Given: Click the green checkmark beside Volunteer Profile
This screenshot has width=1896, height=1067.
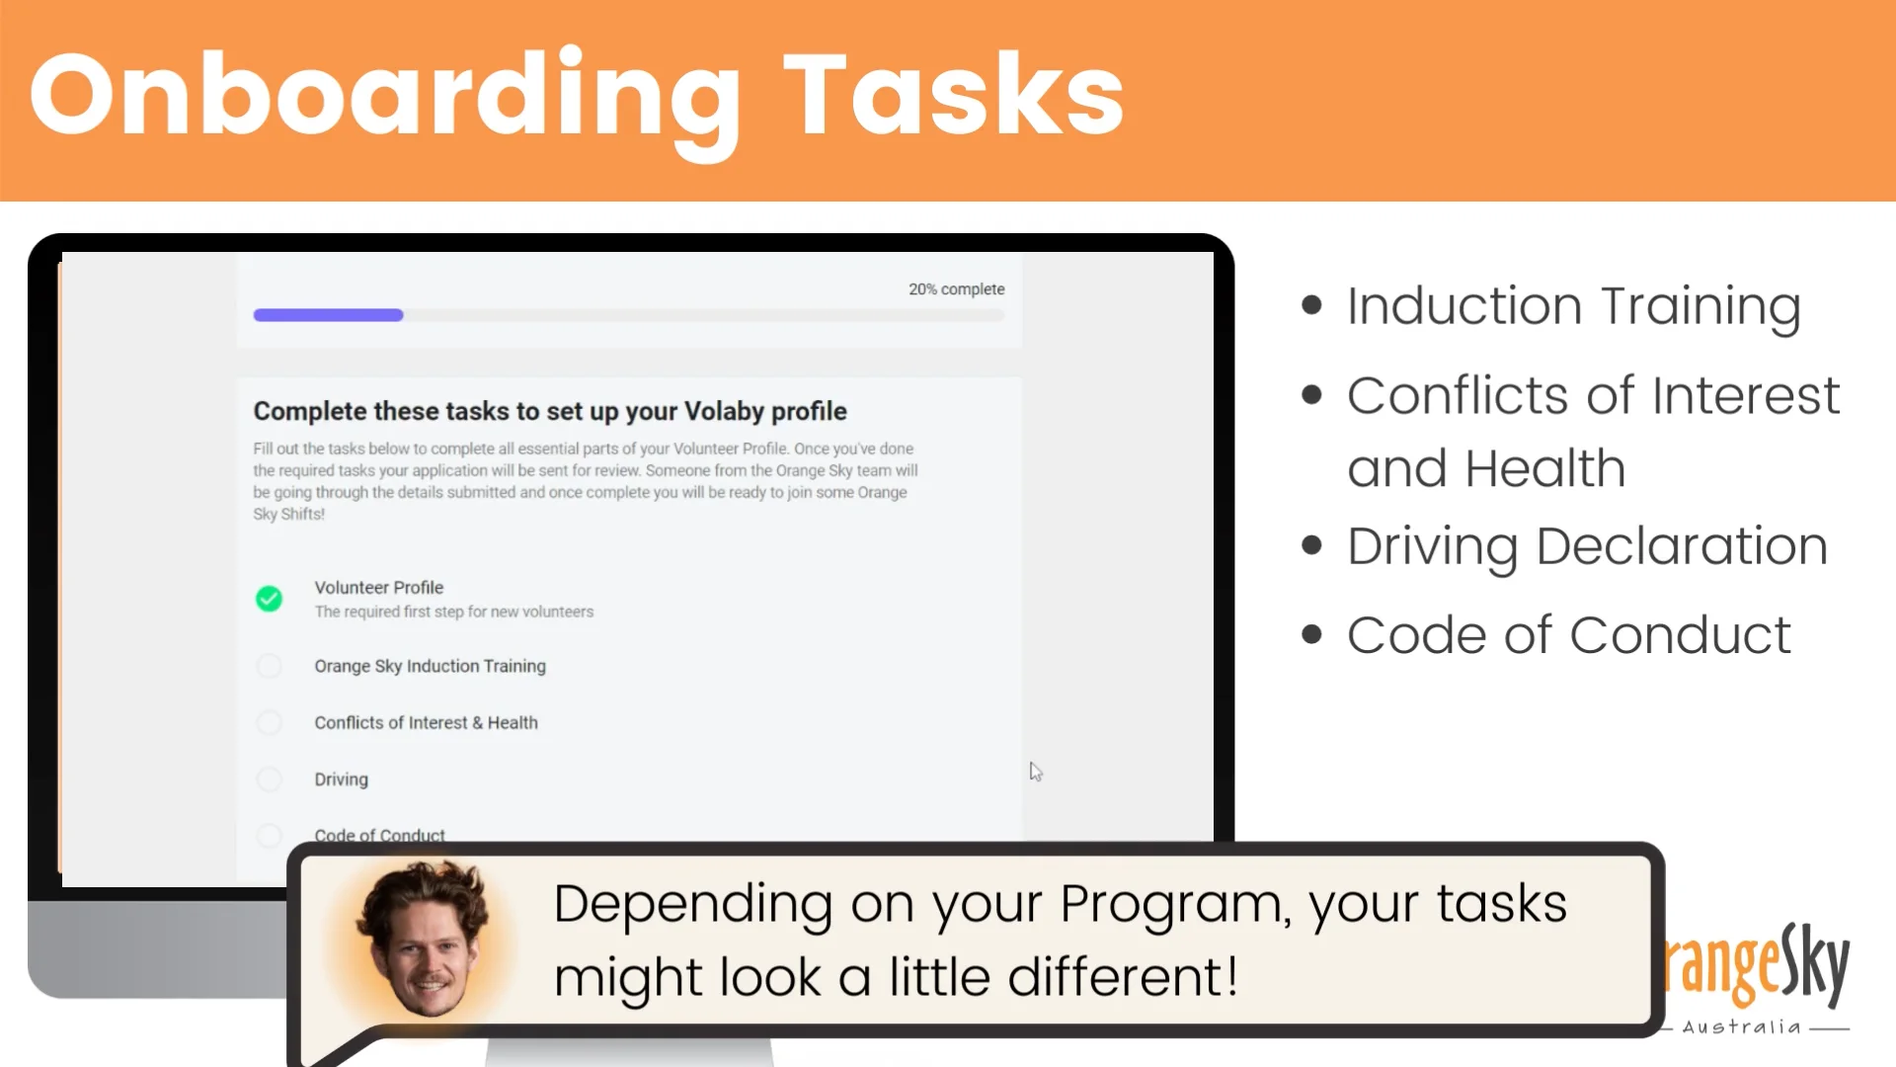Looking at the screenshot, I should click(269, 599).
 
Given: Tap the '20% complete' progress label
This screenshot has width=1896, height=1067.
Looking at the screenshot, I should click(956, 289).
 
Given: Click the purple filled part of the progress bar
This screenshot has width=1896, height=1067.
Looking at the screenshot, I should click(328, 315).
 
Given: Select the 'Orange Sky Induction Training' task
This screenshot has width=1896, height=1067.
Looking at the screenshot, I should click(430, 666).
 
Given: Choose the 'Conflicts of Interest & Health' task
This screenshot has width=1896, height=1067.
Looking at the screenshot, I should click(426, 722).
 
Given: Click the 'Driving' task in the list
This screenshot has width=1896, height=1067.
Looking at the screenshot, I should click(341, 779).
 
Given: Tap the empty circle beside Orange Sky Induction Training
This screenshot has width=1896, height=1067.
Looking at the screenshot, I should click(269, 666).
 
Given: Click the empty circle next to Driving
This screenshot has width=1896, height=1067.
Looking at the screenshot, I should click(269, 779).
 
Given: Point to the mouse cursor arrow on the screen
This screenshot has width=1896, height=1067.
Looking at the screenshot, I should click(1035, 772).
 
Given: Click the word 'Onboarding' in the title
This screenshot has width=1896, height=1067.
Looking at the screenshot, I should click(385, 97).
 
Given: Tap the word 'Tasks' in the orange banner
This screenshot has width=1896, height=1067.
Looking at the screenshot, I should click(954, 97).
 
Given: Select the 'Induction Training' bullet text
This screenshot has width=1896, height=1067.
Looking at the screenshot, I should click(1574, 306).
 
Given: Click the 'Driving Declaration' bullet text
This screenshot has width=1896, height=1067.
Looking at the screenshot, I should click(1587, 546).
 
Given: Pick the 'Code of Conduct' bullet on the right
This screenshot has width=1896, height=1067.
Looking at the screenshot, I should click(1568, 635).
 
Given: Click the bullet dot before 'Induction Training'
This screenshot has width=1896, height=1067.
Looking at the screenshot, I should click(1311, 305).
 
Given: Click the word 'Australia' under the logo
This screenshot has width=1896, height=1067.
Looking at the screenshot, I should click(1742, 1027).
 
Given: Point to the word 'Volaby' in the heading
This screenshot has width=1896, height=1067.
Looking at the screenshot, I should click(724, 411).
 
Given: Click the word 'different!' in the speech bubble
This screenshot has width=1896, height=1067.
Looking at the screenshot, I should click(1123, 977).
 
